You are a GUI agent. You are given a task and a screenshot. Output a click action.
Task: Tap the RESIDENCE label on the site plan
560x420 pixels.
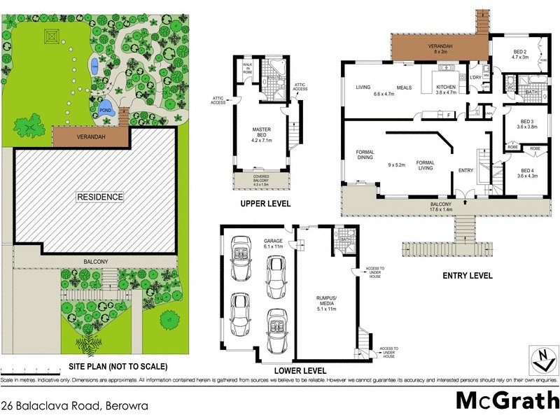100,197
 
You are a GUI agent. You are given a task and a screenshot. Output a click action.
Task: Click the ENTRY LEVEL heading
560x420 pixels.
467,275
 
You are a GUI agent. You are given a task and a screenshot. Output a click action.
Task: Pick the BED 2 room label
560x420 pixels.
519,55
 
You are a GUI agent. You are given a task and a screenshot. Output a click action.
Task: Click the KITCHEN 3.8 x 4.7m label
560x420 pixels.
446,89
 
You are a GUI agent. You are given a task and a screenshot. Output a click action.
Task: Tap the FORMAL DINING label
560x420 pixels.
365,155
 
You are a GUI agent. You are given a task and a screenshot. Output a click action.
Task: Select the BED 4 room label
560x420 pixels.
524,172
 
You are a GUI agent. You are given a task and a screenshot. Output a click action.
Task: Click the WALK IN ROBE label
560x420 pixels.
247,67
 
